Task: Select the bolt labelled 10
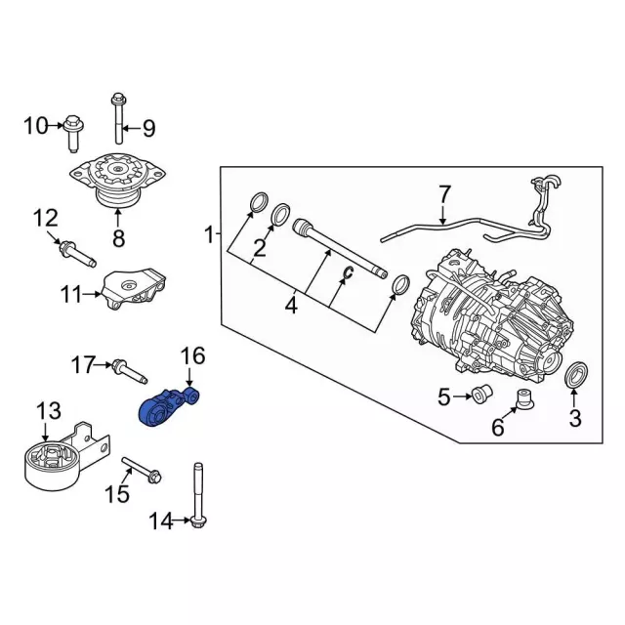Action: point(73,133)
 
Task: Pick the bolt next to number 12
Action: point(77,254)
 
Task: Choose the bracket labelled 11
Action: point(135,289)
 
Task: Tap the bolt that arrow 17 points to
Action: point(130,371)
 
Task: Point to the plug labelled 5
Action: point(481,394)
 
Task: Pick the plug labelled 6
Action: point(524,399)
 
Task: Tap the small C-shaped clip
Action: point(349,272)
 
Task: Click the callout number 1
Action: point(209,235)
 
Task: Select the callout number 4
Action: point(291,306)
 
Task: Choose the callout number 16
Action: point(192,355)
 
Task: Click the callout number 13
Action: point(49,411)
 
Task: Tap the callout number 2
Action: point(260,249)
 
